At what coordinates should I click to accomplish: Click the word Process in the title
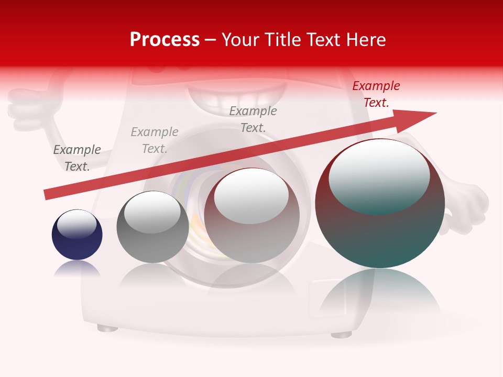pyautogui.click(x=165, y=40)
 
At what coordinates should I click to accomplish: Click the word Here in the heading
pyautogui.click(x=365, y=40)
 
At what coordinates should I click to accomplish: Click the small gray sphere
pyautogui.click(x=152, y=228)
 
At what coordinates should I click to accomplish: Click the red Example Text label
pyautogui.click(x=376, y=94)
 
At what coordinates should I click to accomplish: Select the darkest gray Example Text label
pyautogui.click(x=77, y=158)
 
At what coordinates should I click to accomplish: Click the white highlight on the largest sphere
pyautogui.click(x=379, y=175)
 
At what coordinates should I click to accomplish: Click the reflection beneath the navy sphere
pyautogui.click(x=77, y=269)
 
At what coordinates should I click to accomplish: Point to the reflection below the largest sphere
pyautogui.click(x=380, y=296)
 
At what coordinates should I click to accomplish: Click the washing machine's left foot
pyautogui.click(x=107, y=328)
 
